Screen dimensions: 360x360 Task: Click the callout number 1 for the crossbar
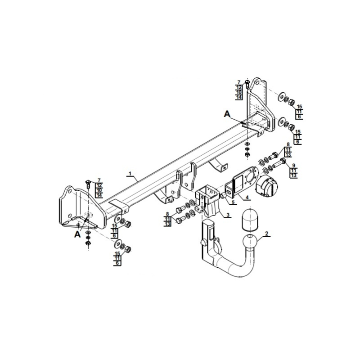(x=130, y=173)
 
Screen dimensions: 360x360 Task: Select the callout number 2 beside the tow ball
(x=266, y=234)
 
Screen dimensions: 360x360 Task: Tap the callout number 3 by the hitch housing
(x=228, y=215)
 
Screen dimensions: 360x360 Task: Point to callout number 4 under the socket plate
(x=247, y=198)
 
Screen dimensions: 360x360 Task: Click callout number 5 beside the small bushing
(x=233, y=202)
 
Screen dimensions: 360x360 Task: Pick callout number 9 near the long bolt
(x=293, y=165)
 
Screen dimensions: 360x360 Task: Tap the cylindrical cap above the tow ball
(x=250, y=219)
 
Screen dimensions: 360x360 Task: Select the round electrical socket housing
(x=266, y=186)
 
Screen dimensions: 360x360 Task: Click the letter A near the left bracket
(x=77, y=234)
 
